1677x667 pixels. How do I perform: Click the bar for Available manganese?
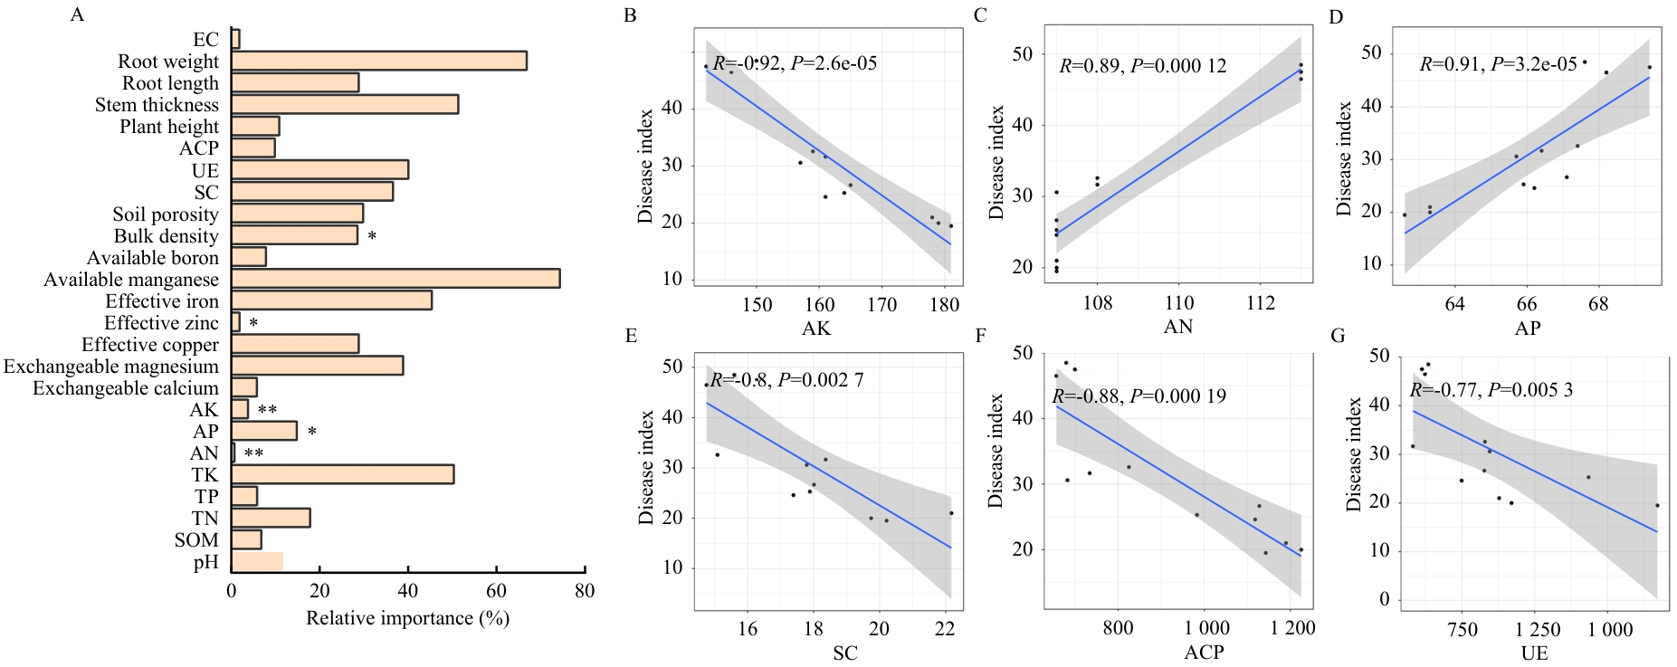pyautogui.click(x=395, y=279)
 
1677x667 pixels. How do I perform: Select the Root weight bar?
pyautogui.click(x=378, y=61)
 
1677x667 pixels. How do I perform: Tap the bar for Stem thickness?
pyautogui.click(x=344, y=104)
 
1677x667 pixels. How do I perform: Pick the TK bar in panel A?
pyautogui.click(x=342, y=474)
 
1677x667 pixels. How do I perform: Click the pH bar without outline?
pyautogui.click(x=257, y=561)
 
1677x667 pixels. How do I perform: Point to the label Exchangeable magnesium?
pyautogui.click(x=111, y=367)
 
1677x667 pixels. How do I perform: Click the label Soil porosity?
pyautogui.click(x=166, y=214)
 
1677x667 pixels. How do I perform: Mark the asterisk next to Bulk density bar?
pyautogui.click(x=372, y=237)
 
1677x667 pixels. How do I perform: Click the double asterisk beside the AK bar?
pyautogui.click(x=267, y=410)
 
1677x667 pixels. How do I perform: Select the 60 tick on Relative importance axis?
pyautogui.click(x=496, y=591)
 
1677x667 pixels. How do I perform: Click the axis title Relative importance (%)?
pyautogui.click(x=407, y=618)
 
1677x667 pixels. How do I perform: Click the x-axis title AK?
pyautogui.click(x=815, y=329)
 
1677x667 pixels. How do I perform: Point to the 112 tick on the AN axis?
pyautogui.click(x=1260, y=303)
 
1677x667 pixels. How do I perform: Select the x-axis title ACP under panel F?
pyautogui.click(x=1204, y=652)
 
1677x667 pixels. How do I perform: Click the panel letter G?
pyautogui.click(x=1338, y=336)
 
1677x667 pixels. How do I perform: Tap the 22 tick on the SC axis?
pyautogui.click(x=945, y=629)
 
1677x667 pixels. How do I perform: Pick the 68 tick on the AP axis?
pyautogui.click(x=1598, y=304)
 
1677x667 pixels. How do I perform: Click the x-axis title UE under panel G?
pyautogui.click(x=1534, y=653)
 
